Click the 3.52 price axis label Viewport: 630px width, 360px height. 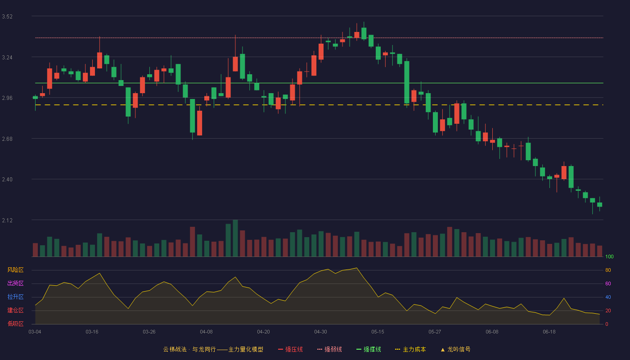[x=7, y=17]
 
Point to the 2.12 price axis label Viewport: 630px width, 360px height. [x=7, y=220]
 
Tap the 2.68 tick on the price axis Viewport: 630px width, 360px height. [x=7, y=139]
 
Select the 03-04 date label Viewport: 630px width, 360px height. [x=35, y=332]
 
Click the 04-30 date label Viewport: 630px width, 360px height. [x=320, y=332]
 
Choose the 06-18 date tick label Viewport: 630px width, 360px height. [x=549, y=332]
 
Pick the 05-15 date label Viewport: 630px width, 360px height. [x=378, y=332]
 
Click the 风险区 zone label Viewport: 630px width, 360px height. [x=15, y=270]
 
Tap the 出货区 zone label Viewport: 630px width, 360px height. [x=15, y=283]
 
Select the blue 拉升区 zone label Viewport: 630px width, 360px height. [x=15, y=297]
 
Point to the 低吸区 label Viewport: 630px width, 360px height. [x=15, y=324]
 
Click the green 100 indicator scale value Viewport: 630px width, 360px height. [x=609, y=256]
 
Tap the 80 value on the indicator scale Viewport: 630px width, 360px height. [x=608, y=270]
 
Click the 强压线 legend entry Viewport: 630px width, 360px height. [x=290, y=349]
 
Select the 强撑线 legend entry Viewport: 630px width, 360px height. [x=369, y=349]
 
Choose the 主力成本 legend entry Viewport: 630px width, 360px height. [x=410, y=349]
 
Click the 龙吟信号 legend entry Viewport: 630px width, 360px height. [x=455, y=349]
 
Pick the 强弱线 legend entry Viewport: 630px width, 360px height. [x=329, y=349]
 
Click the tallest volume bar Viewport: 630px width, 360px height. [x=235, y=238]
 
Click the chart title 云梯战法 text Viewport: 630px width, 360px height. [x=175, y=349]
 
